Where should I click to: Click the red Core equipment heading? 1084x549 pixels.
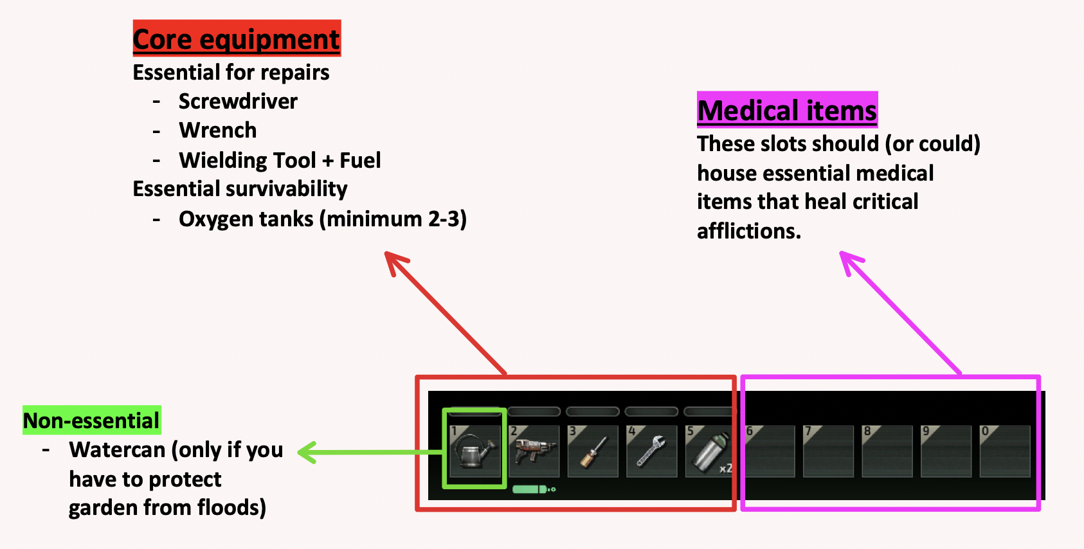pos(237,38)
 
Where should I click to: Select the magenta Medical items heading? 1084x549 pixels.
pos(788,110)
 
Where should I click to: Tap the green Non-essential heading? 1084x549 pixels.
pos(91,420)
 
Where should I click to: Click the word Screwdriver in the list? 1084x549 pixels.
pos(238,101)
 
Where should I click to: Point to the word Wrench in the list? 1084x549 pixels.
pos(218,130)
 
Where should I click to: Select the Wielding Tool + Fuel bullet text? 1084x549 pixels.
pos(280,160)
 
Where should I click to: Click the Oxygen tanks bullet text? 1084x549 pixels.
pos(323,219)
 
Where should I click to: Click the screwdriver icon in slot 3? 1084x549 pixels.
pos(593,452)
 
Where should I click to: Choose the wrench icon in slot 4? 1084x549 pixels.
pos(651,451)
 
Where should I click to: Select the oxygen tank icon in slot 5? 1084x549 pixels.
pos(709,452)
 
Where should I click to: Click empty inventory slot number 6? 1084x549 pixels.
pos(770,451)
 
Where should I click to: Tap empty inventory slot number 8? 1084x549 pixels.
pos(887,451)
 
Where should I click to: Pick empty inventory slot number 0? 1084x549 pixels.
pos(1005,451)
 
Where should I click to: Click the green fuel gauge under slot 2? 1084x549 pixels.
pos(534,489)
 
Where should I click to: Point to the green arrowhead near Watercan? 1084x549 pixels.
pos(307,453)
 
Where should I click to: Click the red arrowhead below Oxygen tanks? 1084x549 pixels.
pos(395,263)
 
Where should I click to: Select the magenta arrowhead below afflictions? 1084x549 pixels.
pos(850,262)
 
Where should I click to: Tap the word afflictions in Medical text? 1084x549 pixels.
pos(748,231)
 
